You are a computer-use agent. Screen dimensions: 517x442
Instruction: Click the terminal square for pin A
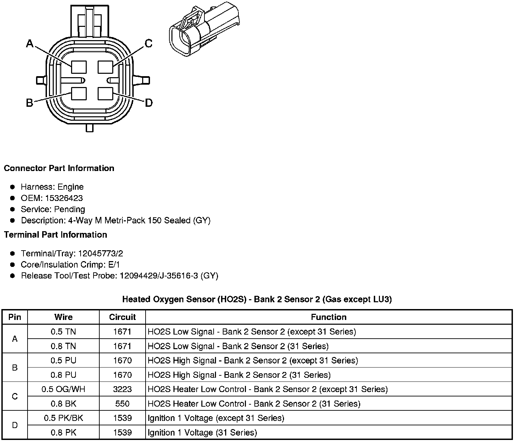79,67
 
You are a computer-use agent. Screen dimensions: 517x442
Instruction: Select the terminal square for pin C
105,67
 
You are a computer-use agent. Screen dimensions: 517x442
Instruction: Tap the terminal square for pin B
79,93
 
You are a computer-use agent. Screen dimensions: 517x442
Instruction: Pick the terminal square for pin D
105,93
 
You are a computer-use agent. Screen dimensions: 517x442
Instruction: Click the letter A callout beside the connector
30,44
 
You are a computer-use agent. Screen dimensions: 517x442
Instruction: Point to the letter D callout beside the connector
149,103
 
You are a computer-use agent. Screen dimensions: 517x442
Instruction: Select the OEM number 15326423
64,198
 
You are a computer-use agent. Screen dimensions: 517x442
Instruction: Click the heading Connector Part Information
59,168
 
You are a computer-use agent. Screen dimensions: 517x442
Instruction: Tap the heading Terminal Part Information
55,235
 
